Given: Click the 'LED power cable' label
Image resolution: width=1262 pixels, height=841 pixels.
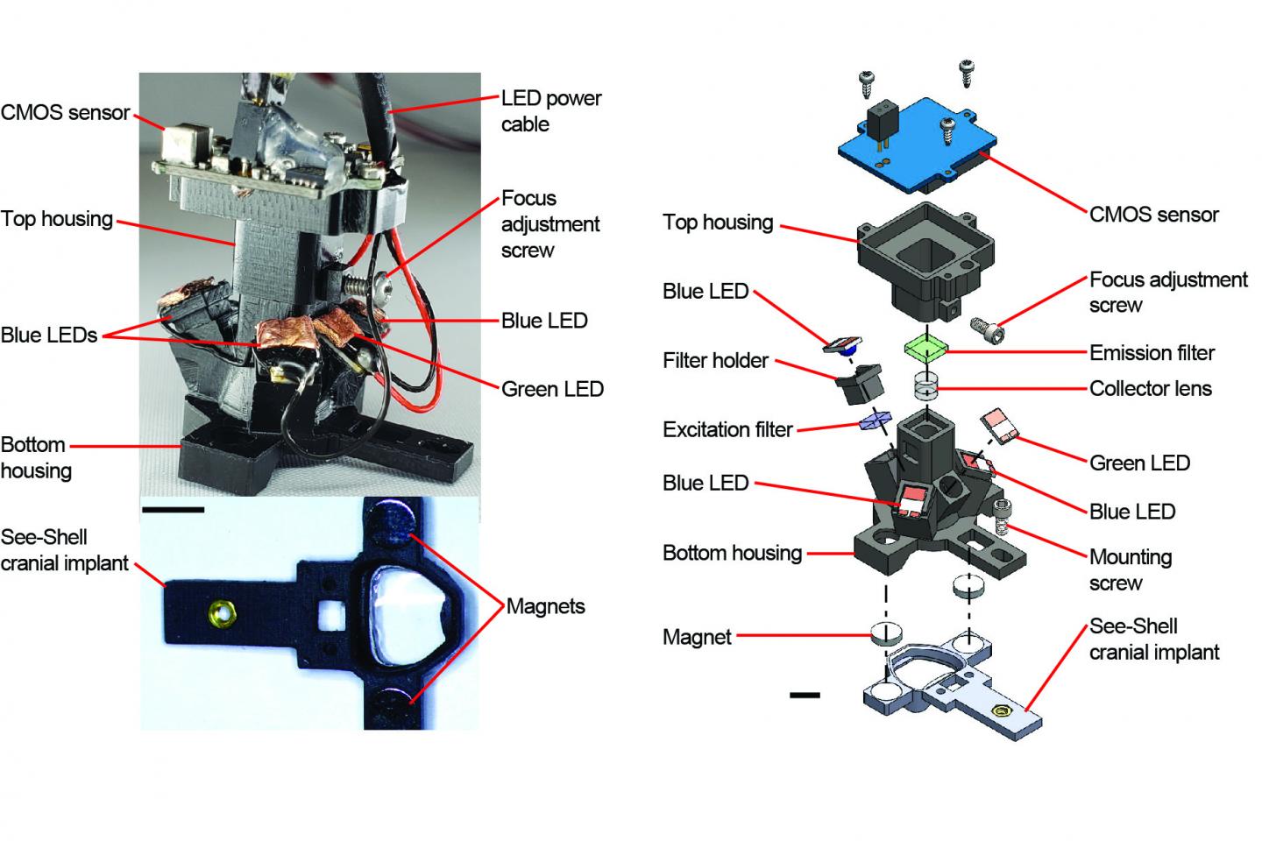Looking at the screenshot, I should [550, 110].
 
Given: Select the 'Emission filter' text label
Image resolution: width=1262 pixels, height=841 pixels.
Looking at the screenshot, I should [1152, 353].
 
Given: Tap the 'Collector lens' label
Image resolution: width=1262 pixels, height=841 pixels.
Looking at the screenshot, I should [1150, 388].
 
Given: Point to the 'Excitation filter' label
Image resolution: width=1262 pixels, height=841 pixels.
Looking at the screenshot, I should [727, 429].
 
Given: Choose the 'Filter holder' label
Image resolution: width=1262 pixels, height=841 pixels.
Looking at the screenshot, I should [715, 360].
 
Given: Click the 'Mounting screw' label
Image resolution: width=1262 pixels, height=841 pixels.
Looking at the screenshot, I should [1130, 569].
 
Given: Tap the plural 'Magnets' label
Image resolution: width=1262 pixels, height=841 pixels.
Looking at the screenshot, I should [545, 606].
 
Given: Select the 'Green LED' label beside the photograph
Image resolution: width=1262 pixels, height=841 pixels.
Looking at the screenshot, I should [552, 389].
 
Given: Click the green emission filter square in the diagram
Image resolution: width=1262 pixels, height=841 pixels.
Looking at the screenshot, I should [926, 348].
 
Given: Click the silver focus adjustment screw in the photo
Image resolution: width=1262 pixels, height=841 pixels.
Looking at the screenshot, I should [365, 285].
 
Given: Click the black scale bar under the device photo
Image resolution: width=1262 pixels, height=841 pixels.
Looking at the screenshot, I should [172, 509].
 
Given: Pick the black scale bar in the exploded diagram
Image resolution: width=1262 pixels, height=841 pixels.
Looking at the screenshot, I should [804, 695].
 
